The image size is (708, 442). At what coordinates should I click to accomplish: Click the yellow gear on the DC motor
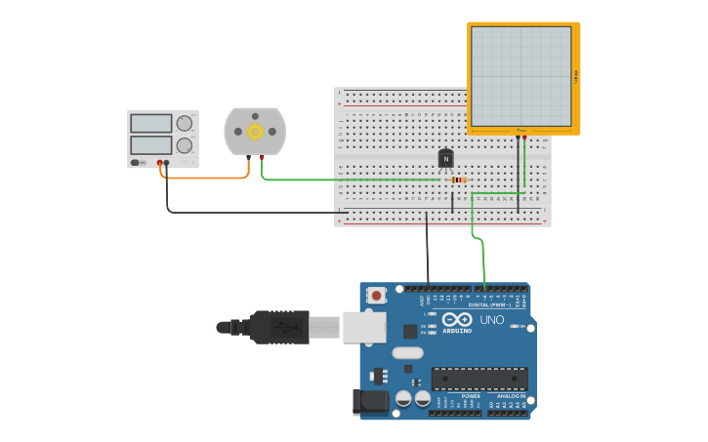[x=256, y=132]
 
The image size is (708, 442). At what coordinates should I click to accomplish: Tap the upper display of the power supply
[x=150, y=124]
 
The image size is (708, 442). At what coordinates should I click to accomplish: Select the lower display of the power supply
[x=150, y=145]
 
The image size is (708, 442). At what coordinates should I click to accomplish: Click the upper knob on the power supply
[x=184, y=123]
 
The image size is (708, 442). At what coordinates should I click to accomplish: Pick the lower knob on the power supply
[x=184, y=145]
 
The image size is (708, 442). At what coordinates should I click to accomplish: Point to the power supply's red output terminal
[x=159, y=163]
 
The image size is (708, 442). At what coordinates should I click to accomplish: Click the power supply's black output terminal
[x=167, y=163]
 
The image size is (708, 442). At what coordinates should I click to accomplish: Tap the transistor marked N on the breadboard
[x=446, y=158]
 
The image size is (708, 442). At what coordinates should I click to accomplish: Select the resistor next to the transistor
[x=458, y=180]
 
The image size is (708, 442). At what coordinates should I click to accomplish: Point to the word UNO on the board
[x=492, y=320]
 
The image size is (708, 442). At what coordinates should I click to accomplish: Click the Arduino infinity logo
[x=457, y=319]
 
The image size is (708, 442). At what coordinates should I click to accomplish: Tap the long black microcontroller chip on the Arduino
[x=479, y=379]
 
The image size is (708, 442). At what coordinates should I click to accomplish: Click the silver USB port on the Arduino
[x=363, y=327]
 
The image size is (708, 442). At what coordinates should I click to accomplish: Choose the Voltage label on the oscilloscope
[x=576, y=76]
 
